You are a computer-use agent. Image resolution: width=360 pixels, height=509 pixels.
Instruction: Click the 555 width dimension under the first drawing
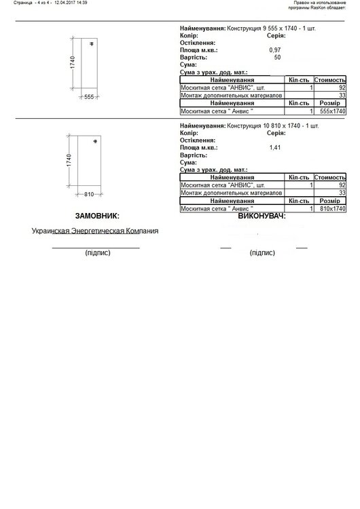click(89, 97)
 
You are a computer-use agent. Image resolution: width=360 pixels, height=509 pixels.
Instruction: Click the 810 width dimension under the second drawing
click(89, 194)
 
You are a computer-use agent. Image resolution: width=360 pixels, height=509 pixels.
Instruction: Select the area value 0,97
click(275, 50)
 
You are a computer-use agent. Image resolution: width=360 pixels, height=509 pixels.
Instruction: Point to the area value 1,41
click(275, 147)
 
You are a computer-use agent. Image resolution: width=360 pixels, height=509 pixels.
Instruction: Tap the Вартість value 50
click(277, 57)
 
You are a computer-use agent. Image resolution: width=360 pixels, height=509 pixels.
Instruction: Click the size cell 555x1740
click(332, 111)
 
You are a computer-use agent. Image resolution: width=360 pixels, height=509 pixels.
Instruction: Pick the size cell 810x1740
click(332, 208)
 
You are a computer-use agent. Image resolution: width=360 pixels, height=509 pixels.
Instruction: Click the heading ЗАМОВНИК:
click(97, 216)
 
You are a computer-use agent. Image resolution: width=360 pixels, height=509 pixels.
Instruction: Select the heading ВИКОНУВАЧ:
click(262, 216)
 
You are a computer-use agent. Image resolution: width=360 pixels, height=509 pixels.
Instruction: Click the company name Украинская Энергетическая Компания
click(95, 231)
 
